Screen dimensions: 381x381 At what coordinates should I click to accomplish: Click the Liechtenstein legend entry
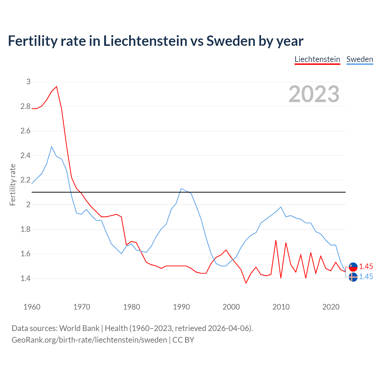click(x=317, y=59)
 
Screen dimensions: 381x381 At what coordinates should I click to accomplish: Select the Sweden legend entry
click(x=360, y=59)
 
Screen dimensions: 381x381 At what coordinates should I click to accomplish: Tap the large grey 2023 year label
click(x=314, y=94)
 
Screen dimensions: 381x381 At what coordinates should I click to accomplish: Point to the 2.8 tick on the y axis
click(x=26, y=106)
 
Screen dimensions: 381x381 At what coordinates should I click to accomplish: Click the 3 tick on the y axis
click(x=28, y=82)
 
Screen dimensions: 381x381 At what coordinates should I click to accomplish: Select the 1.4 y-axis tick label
click(x=26, y=279)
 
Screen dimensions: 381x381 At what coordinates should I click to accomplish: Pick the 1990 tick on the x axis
click(x=181, y=307)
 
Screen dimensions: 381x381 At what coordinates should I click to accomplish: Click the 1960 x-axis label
click(x=32, y=307)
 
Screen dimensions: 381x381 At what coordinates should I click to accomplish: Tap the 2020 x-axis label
click(x=331, y=307)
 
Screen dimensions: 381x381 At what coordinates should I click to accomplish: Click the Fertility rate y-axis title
click(x=13, y=185)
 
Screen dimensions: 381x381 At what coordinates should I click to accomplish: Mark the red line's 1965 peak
click(x=57, y=87)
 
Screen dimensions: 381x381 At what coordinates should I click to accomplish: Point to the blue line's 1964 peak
click(x=51, y=146)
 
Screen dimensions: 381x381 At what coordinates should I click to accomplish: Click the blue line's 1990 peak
click(x=181, y=188)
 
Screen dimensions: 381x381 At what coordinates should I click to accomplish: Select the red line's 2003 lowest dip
click(x=246, y=283)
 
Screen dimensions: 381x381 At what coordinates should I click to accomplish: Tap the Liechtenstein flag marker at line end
click(x=353, y=267)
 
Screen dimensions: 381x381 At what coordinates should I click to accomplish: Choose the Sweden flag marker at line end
click(x=353, y=277)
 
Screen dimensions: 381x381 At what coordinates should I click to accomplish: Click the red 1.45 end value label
click(x=366, y=266)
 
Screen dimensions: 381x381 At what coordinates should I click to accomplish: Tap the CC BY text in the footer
click(x=183, y=340)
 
